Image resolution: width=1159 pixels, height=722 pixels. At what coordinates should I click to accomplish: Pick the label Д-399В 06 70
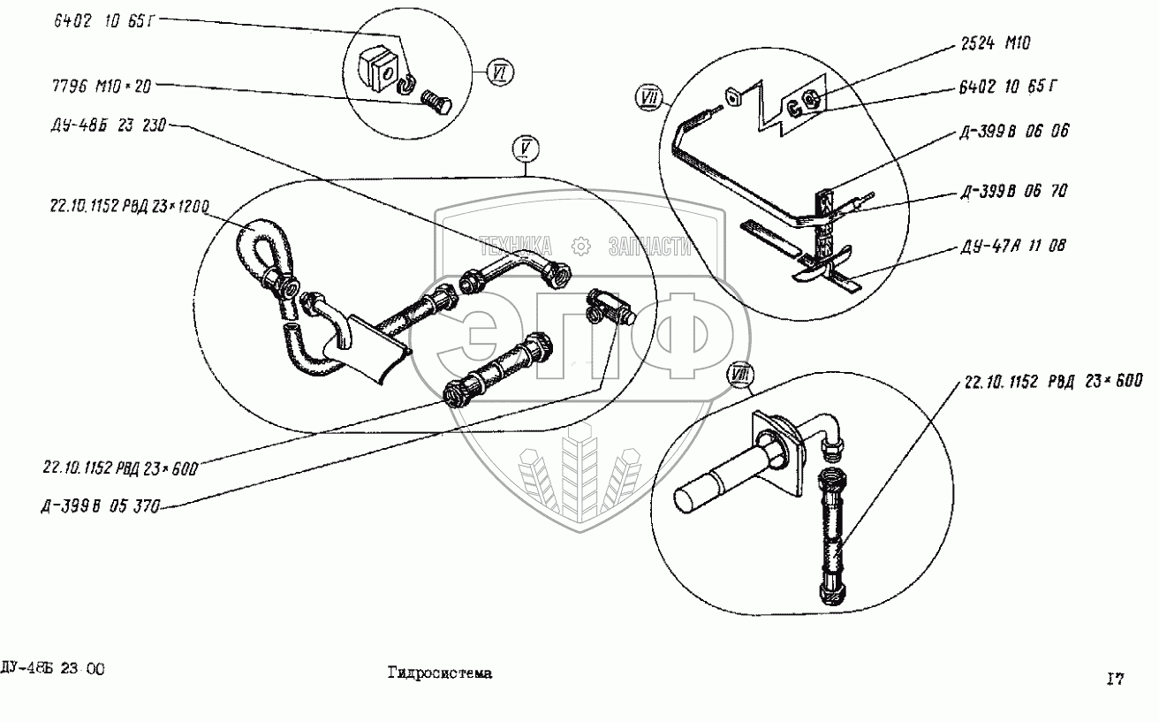tap(1022, 192)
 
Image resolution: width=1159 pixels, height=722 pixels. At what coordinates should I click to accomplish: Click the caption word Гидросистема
tap(438, 673)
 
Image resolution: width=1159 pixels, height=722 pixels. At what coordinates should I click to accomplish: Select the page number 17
tap(1115, 679)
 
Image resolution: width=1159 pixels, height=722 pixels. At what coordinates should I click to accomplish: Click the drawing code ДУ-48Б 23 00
tap(53, 669)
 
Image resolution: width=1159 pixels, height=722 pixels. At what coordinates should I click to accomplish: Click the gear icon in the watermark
tap(580, 245)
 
